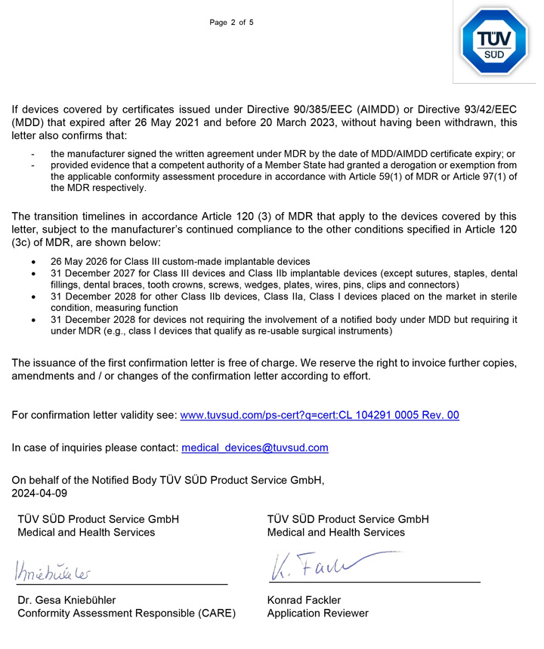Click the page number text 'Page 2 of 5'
pos(231,22)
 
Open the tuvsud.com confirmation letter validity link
pos(320,415)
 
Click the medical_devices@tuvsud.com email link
pos(255,448)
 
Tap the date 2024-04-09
pos(39,493)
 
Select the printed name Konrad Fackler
pos(304,600)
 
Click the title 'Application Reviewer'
pos(317,613)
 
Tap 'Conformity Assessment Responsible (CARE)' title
pos(126,613)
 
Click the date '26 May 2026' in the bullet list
pos(82,261)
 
